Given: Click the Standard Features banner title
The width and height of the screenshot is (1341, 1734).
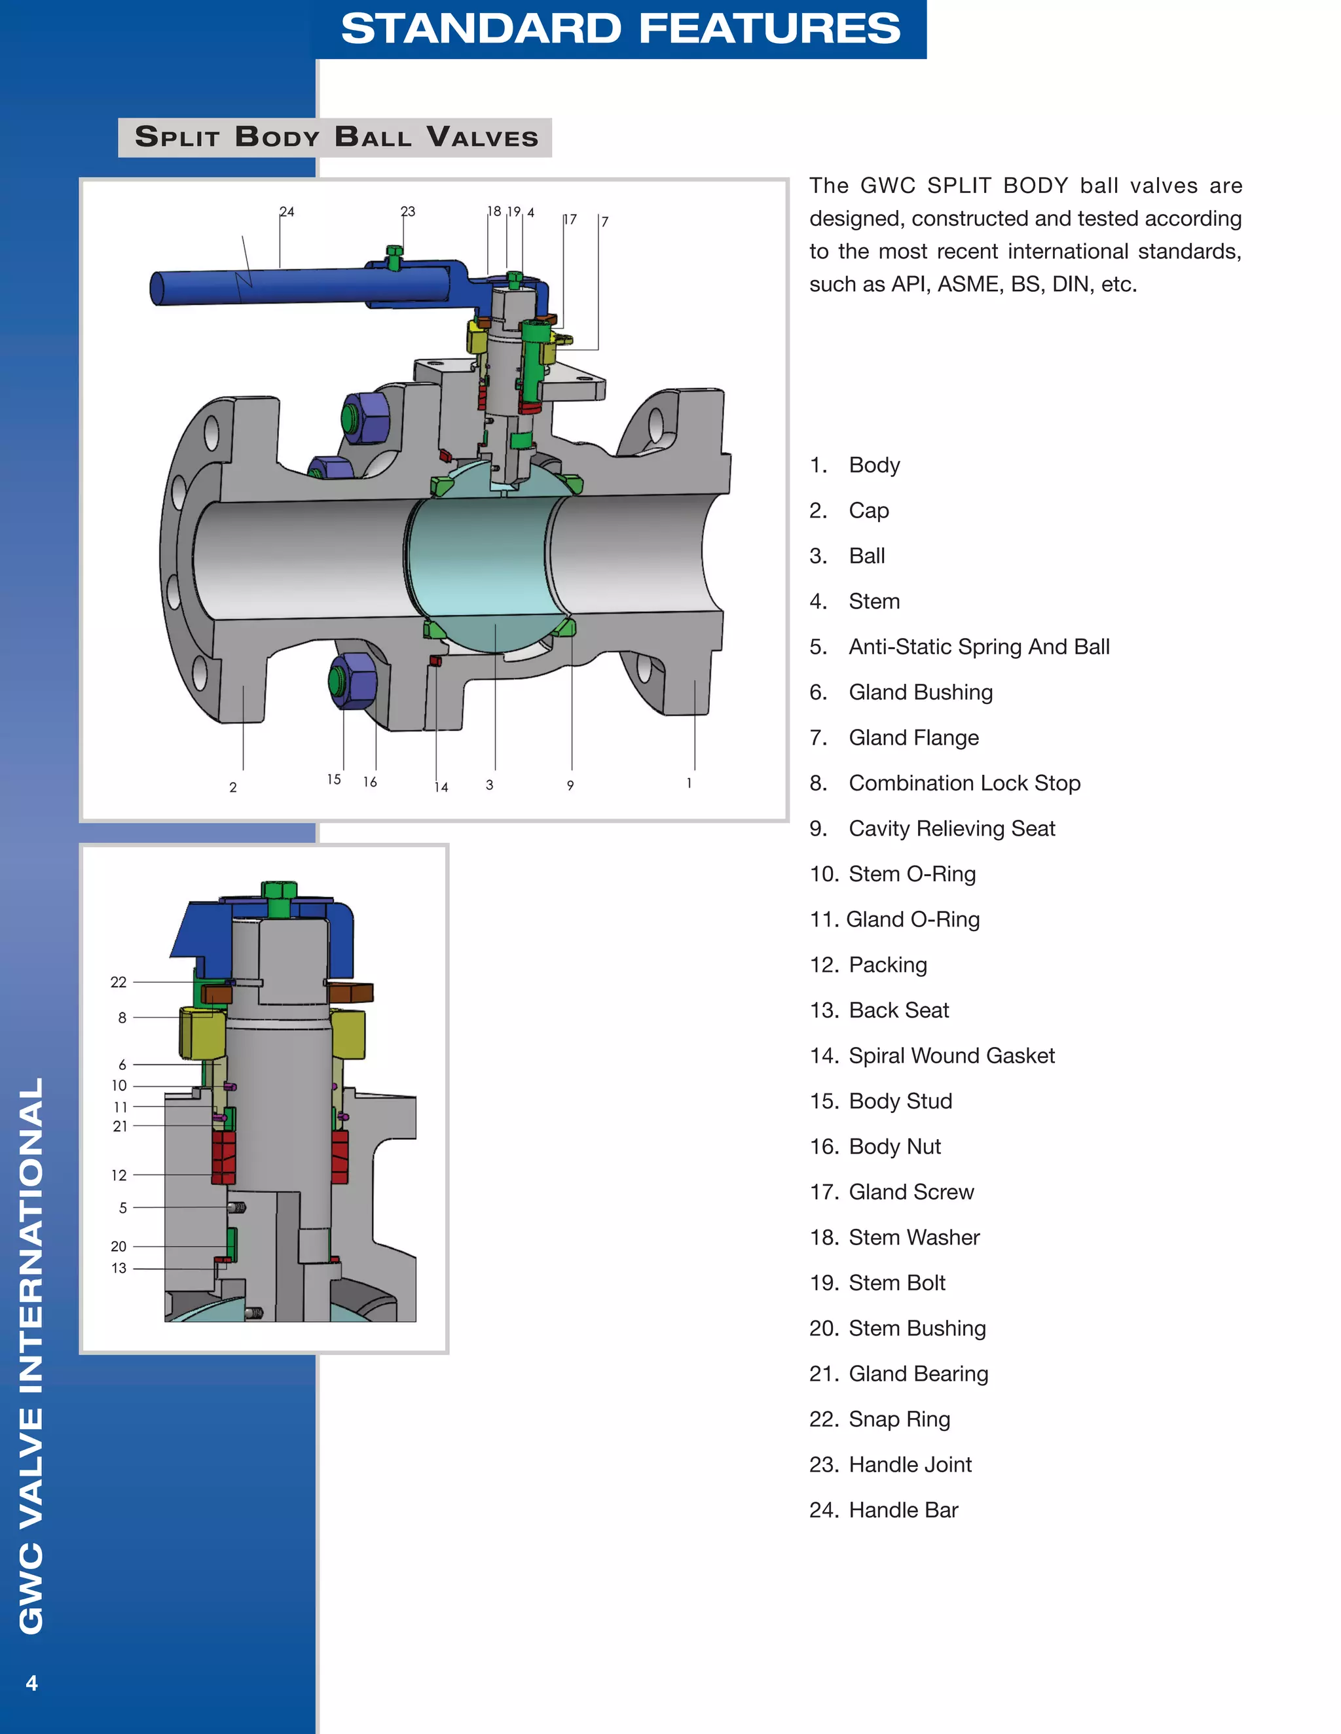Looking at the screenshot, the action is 621,29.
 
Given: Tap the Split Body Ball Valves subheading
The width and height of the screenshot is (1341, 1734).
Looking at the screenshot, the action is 336,137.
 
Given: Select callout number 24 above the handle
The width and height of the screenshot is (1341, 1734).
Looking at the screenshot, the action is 287,212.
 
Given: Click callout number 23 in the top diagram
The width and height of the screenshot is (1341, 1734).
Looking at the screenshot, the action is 407,211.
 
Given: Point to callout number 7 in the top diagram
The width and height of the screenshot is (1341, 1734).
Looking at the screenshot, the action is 604,222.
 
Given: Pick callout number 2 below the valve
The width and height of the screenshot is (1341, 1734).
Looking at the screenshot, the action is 232,787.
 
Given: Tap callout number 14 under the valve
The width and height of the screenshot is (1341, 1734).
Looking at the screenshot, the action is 441,787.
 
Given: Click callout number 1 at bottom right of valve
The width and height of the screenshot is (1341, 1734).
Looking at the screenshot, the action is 689,783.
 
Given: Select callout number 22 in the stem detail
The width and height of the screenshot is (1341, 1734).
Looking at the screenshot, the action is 119,982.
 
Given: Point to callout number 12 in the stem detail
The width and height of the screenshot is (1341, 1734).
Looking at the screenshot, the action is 119,1175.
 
